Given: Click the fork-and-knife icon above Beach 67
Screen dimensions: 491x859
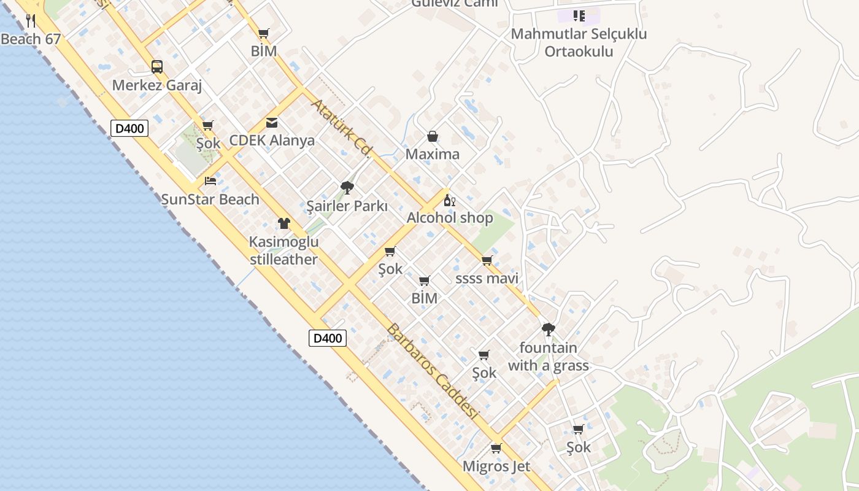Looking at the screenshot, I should (31, 21).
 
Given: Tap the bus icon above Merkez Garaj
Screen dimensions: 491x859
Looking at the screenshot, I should (157, 67).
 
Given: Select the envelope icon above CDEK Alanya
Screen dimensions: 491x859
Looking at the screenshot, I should (272, 123).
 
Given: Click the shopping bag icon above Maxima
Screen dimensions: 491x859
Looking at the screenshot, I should (433, 136).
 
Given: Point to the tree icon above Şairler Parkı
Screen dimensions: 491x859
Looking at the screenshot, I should (347, 188).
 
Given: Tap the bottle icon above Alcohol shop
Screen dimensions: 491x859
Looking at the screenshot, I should (450, 200).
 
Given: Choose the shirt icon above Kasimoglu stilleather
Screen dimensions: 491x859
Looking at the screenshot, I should (283, 223).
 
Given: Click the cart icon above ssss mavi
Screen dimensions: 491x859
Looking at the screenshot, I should (487, 261).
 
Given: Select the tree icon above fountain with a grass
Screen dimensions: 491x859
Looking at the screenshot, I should (549, 330).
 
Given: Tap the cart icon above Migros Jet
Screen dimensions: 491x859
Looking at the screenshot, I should (496, 448).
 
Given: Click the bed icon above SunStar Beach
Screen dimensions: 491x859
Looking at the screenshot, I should (210, 181).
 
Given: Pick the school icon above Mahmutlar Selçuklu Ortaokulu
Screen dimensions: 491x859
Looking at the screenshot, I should (579, 16).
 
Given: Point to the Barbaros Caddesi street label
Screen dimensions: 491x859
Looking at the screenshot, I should (432, 372).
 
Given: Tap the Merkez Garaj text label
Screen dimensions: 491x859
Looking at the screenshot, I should (157, 85).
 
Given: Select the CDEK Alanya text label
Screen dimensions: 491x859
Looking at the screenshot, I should (272, 141).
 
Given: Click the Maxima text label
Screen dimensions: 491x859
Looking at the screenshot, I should (433, 154).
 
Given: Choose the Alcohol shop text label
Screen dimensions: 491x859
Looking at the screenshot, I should (450, 218).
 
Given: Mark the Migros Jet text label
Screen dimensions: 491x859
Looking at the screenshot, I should (496, 466).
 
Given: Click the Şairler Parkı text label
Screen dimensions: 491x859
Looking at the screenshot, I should (347, 206).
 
